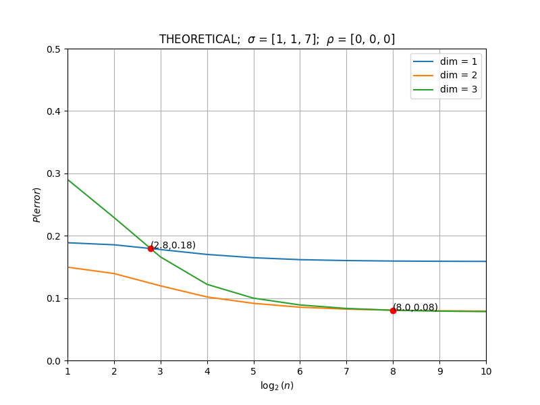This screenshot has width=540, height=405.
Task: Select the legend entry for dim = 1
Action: (445, 61)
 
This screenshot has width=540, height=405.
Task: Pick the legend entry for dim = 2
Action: (445, 76)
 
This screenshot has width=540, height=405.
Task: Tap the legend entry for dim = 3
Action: (445, 90)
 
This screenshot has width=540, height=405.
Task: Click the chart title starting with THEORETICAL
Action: (277, 39)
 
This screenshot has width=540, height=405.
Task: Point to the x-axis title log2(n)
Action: (277, 385)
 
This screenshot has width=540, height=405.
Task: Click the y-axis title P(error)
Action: (36, 205)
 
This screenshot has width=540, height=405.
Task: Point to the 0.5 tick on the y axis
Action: (53, 49)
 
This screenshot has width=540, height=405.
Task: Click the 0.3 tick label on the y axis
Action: (53, 174)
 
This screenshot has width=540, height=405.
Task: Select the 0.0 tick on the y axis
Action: (53, 361)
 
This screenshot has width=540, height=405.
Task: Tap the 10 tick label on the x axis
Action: (486, 371)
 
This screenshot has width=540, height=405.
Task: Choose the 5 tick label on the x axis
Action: (254, 371)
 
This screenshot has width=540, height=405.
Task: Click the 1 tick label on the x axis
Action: (68, 371)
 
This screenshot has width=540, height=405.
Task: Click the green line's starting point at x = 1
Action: (68, 180)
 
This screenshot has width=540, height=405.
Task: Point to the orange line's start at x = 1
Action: (68, 267)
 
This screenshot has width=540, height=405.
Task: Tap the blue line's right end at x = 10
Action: (486, 261)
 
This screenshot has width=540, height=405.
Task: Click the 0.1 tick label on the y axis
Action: (53, 298)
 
